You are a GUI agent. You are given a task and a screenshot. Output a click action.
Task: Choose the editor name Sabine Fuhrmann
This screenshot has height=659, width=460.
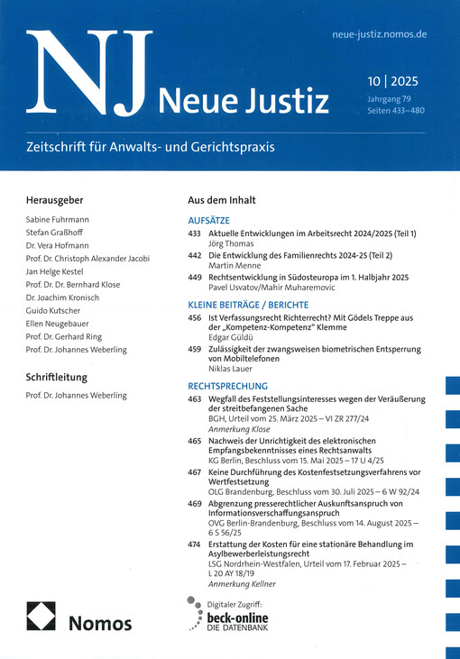64,220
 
